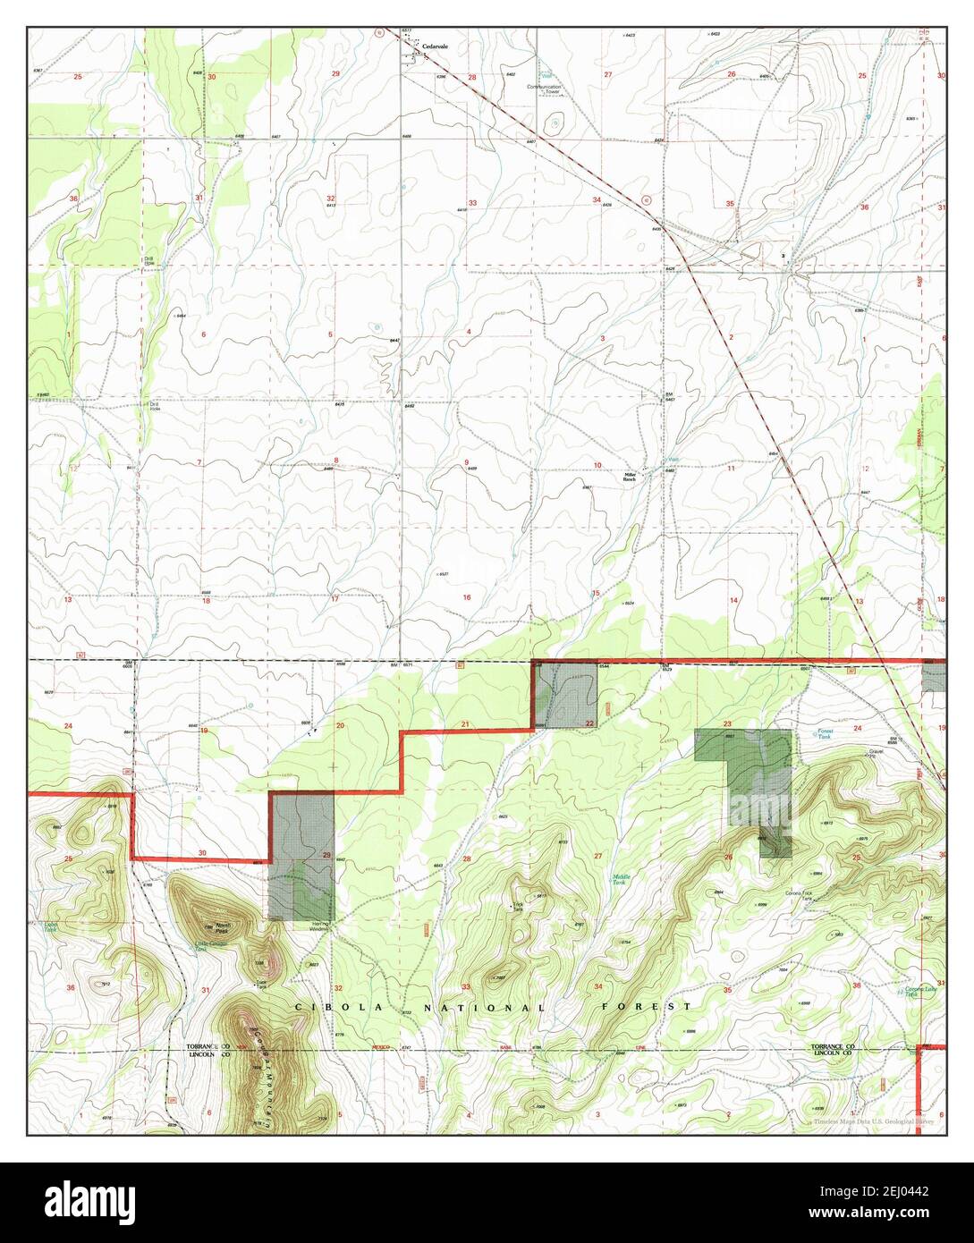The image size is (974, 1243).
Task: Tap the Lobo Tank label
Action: pos(50,927)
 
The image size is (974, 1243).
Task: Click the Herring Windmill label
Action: pos(320,926)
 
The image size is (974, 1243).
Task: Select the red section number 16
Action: pos(466,596)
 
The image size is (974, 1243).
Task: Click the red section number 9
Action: pos(466,462)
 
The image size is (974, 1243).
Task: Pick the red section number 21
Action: pos(465,723)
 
